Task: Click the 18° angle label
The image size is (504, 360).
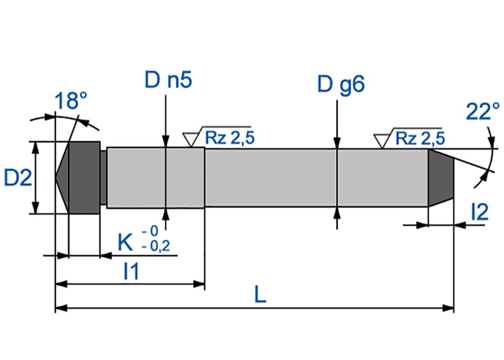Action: (x=71, y=101)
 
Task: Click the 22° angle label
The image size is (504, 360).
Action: (x=483, y=111)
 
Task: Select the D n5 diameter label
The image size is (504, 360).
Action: (x=168, y=80)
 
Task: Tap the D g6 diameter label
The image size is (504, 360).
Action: (x=341, y=84)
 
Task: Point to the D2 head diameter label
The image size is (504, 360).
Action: (x=18, y=178)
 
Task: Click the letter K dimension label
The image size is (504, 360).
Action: (x=125, y=243)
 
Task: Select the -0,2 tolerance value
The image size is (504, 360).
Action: (x=156, y=246)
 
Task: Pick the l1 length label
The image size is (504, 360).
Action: (x=132, y=271)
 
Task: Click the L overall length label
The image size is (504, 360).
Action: (x=260, y=294)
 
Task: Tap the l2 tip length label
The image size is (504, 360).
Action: (x=480, y=212)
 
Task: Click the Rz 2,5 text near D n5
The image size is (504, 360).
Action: (x=230, y=138)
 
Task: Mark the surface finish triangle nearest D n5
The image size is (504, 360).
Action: (x=191, y=139)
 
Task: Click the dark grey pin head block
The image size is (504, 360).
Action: (x=84, y=177)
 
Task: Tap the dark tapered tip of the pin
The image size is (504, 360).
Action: (x=440, y=178)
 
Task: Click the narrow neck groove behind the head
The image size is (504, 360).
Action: (x=103, y=177)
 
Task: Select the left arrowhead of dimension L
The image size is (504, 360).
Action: (x=61, y=308)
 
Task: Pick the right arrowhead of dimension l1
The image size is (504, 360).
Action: (x=199, y=284)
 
